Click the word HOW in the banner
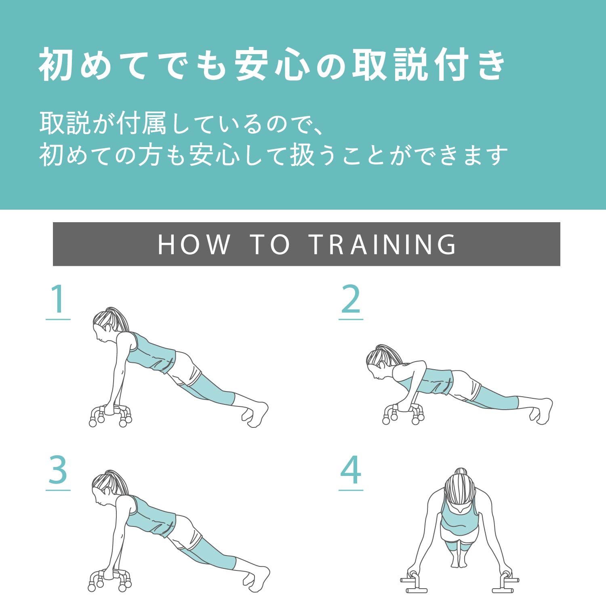(194, 244)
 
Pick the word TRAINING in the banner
(383, 244)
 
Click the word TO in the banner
(270, 244)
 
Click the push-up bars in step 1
(110, 416)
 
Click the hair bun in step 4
(461, 472)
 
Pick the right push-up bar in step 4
(505, 582)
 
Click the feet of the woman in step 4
(460, 560)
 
